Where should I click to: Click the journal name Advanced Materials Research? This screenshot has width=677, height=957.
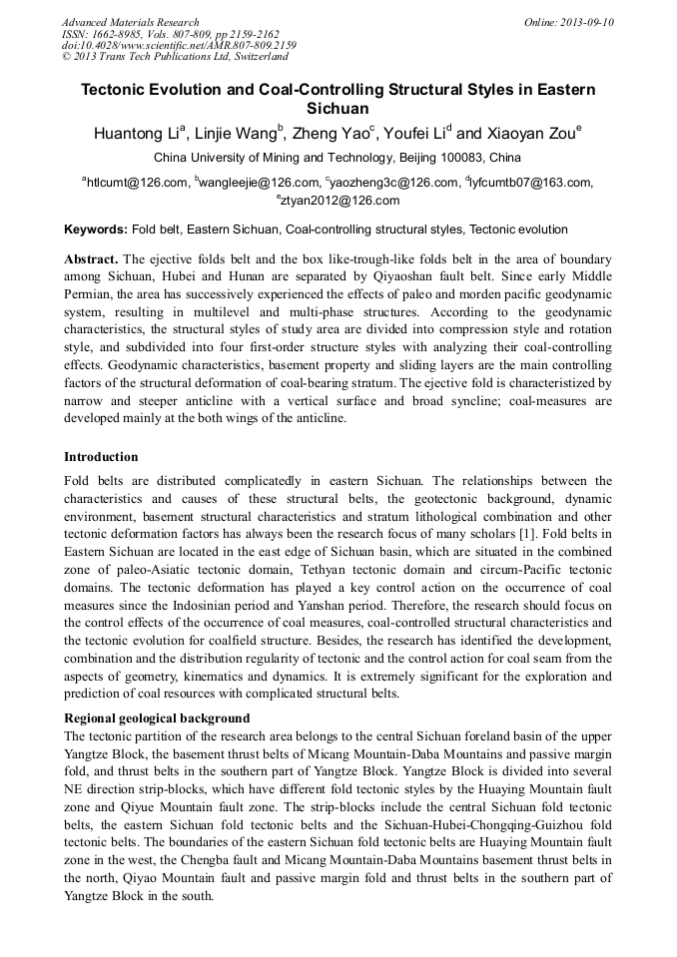tap(130, 22)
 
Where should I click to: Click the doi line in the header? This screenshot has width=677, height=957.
tap(179, 45)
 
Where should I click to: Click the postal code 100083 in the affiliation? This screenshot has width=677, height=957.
tap(460, 158)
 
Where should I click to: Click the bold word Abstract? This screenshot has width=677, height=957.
tap(92, 257)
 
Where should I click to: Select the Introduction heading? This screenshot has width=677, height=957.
tap(101, 457)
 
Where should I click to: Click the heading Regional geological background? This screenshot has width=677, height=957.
tap(157, 718)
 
